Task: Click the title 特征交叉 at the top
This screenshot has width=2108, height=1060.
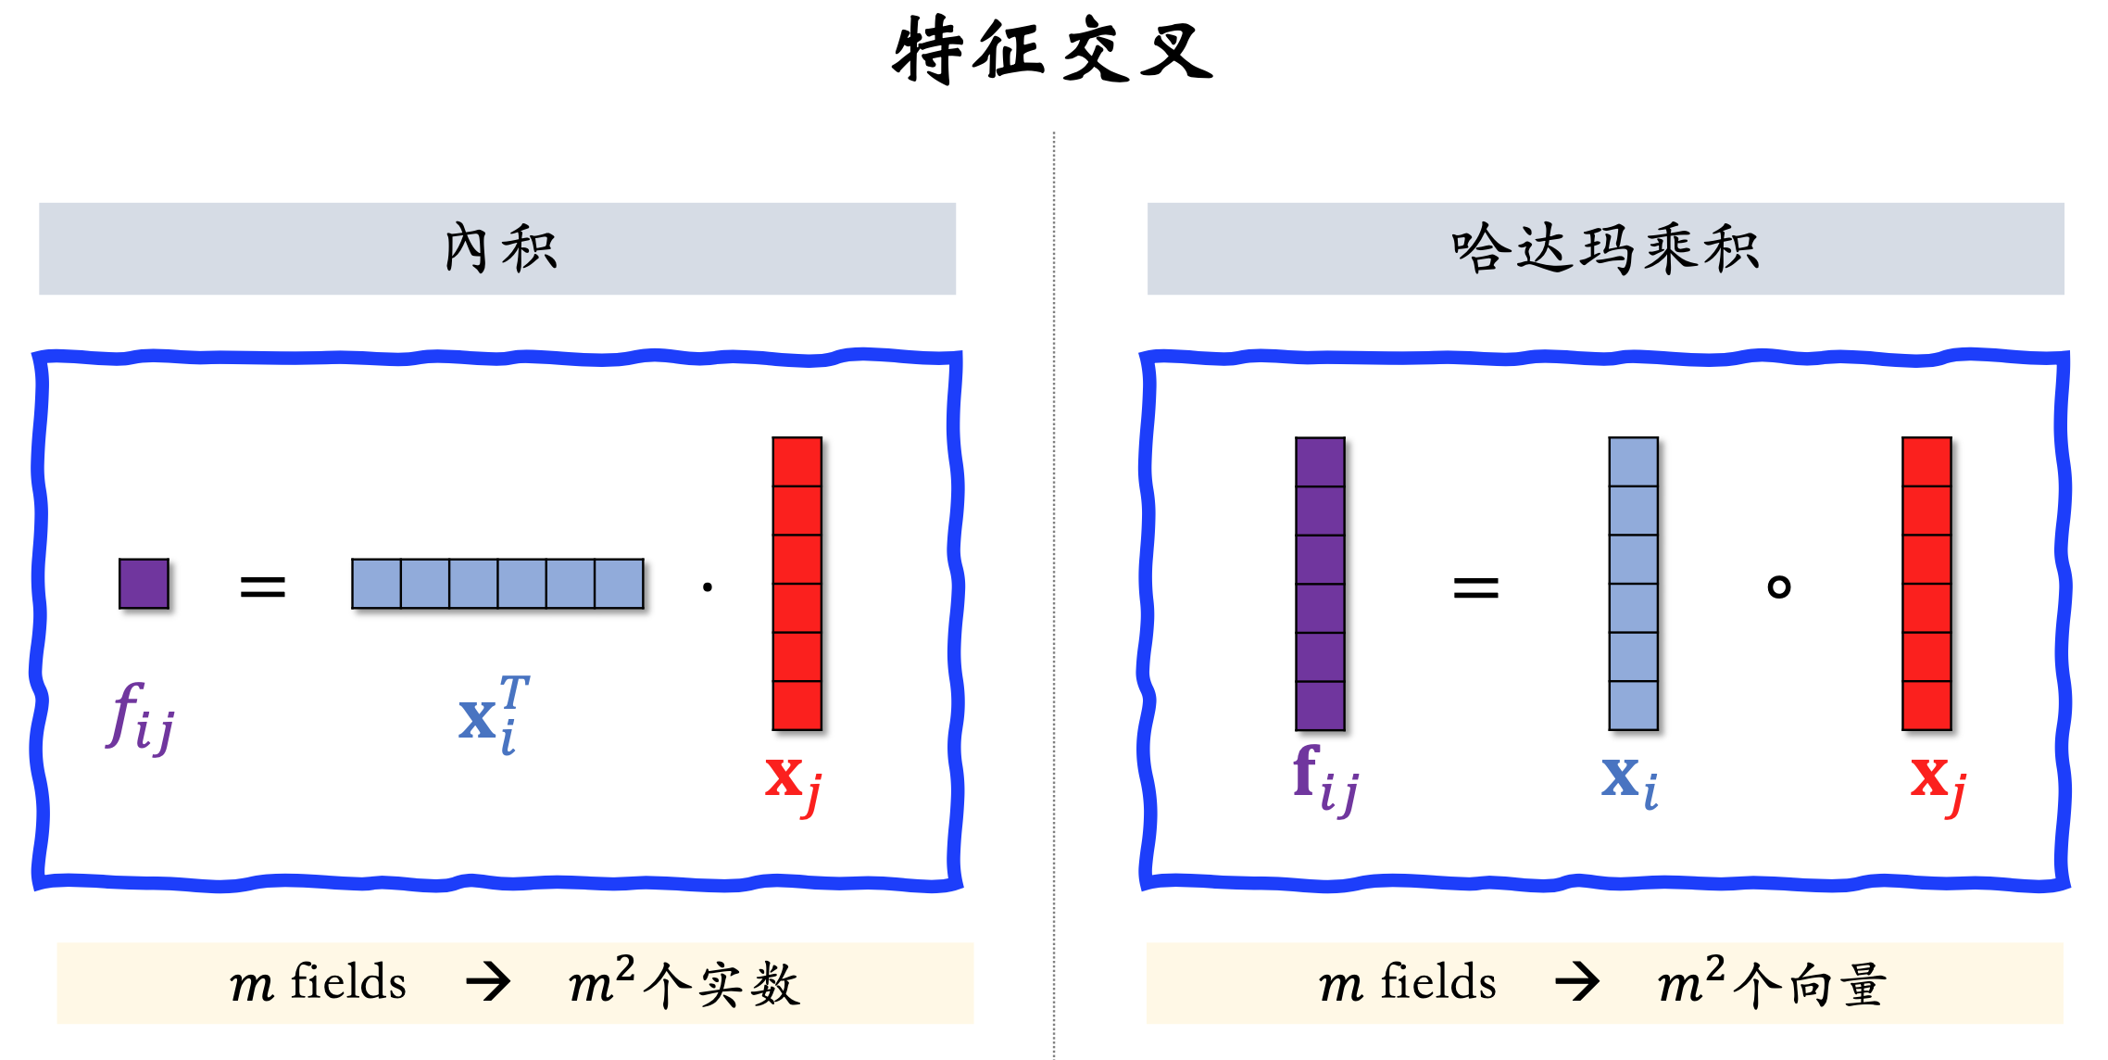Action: tap(1052, 51)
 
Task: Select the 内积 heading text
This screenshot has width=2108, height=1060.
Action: tap(500, 248)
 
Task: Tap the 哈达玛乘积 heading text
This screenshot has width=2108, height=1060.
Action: tap(1605, 248)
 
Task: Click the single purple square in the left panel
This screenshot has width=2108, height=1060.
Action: tap(144, 584)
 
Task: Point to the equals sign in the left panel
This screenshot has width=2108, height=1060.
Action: tap(262, 586)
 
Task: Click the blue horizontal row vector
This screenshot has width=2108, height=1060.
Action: tap(497, 584)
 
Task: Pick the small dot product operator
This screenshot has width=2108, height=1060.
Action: tap(708, 587)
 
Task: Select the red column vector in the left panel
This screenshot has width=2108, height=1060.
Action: tap(797, 584)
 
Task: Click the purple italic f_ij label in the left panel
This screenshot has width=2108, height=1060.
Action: tap(140, 718)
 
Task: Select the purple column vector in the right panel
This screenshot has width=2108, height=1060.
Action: tap(1320, 584)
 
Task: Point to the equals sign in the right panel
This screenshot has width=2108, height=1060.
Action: tap(1475, 587)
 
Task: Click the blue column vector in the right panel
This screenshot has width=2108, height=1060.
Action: tap(1633, 584)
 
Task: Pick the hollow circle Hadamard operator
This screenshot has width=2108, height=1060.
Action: tap(1778, 587)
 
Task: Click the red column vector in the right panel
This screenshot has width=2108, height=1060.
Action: tap(1926, 584)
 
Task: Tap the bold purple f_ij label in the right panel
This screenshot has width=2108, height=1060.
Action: tap(1325, 780)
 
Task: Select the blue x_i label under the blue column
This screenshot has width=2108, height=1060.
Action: tap(1629, 780)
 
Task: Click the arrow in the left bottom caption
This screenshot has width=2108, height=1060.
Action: tap(488, 982)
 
